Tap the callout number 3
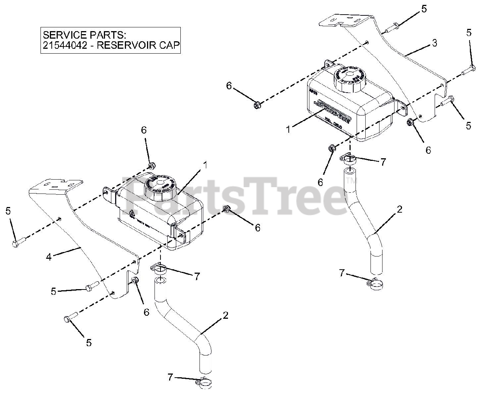coord(434,43)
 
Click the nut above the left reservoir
coord(151,165)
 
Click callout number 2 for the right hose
coord(399,210)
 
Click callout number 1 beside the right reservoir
coord(288,130)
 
